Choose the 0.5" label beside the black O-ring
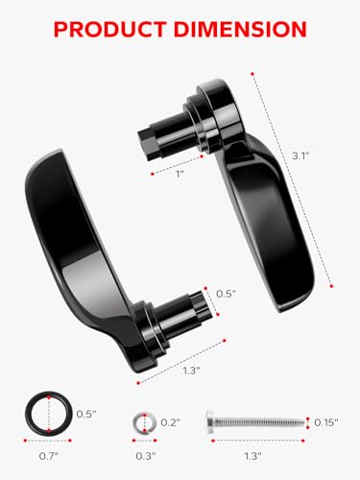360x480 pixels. click(87, 413)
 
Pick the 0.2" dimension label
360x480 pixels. click(169, 421)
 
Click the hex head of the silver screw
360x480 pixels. click(214, 421)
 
